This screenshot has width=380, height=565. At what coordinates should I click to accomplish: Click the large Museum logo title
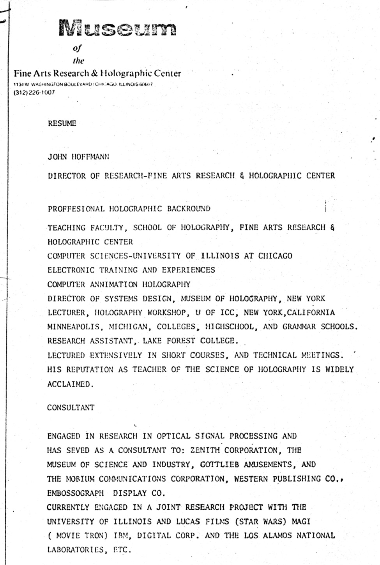coord(117,28)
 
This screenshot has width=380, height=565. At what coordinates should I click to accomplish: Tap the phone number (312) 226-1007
coord(34,93)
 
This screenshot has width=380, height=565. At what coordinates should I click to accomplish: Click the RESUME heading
coord(62,123)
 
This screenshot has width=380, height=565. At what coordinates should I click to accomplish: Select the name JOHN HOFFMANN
coord(78,157)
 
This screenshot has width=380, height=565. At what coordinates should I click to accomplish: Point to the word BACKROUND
coord(189,208)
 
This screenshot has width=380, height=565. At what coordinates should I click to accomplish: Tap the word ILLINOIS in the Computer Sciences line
coord(220,256)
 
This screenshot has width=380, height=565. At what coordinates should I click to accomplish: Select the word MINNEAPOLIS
coord(73,327)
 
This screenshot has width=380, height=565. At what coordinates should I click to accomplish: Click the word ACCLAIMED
coord(71,384)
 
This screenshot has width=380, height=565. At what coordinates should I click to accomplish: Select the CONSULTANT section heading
coord(71,408)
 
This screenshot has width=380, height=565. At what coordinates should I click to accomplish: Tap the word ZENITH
coord(205,450)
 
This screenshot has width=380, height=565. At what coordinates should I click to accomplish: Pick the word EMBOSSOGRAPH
coord(76,493)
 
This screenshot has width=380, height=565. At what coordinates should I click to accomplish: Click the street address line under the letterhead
coord(83,84)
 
